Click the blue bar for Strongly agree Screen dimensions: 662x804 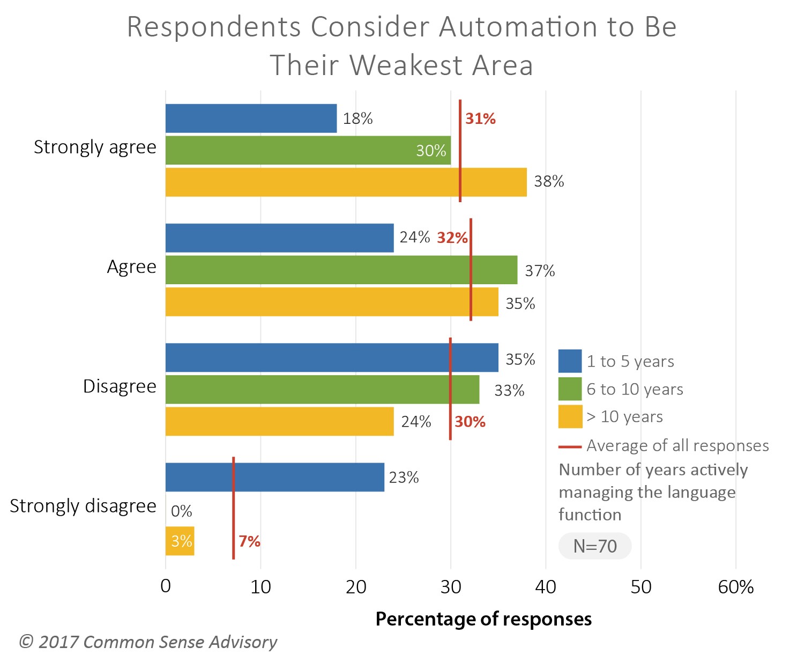[x=251, y=118]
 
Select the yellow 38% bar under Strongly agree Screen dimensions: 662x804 [x=346, y=182]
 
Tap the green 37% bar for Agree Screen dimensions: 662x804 [x=341, y=270]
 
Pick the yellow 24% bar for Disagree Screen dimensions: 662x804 [x=279, y=421]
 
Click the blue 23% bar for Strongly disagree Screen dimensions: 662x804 [x=274, y=477]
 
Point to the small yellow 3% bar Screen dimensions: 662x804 [x=180, y=541]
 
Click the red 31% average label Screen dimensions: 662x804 [x=480, y=119]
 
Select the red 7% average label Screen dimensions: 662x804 [x=249, y=541]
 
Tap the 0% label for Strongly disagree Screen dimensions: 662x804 [x=181, y=511]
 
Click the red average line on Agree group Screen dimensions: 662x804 [x=471, y=279]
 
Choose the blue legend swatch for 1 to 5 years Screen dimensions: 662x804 [x=570, y=361]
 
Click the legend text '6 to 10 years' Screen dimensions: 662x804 [x=635, y=389]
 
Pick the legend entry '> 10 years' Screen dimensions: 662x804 [x=624, y=416]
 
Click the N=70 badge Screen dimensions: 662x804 [x=595, y=546]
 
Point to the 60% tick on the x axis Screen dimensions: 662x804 [x=735, y=587]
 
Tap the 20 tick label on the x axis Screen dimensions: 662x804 [x=355, y=587]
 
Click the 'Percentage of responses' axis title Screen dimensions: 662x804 [x=483, y=619]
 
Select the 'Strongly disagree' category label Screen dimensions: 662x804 [x=83, y=506]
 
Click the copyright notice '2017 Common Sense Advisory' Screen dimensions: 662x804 [x=148, y=642]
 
